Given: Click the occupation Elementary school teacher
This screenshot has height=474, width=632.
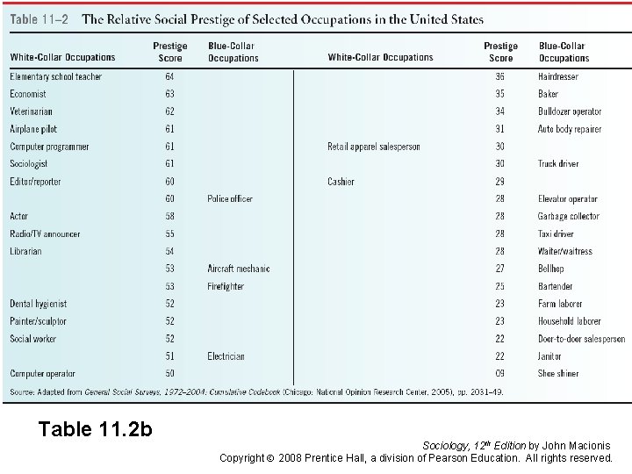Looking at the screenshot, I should [x=55, y=77].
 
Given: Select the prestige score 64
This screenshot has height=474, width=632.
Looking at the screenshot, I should [x=169, y=77].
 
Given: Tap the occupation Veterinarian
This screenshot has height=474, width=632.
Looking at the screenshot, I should [x=32, y=111].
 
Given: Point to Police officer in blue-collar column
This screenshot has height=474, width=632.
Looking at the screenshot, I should [x=230, y=199].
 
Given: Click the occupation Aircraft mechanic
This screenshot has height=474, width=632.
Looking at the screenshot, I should [x=239, y=269].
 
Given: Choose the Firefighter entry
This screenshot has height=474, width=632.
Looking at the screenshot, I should [x=226, y=286].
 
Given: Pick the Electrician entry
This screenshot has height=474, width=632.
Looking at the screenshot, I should [x=226, y=356].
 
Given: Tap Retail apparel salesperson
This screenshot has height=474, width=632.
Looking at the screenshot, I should [x=374, y=147].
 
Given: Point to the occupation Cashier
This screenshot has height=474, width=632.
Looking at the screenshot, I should [x=341, y=182].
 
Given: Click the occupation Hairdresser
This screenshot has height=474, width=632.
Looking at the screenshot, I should [x=558, y=77].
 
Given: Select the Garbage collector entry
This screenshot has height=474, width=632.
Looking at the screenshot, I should [x=569, y=217].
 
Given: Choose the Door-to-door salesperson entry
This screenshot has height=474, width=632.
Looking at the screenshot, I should [x=581, y=339].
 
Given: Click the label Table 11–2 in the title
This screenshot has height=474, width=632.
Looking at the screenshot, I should [x=40, y=19].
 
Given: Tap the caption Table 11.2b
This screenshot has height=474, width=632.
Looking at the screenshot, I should [x=96, y=429].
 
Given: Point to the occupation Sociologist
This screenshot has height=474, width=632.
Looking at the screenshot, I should [x=29, y=164].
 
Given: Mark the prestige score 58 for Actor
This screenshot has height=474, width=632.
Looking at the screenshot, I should [x=169, y=217].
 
